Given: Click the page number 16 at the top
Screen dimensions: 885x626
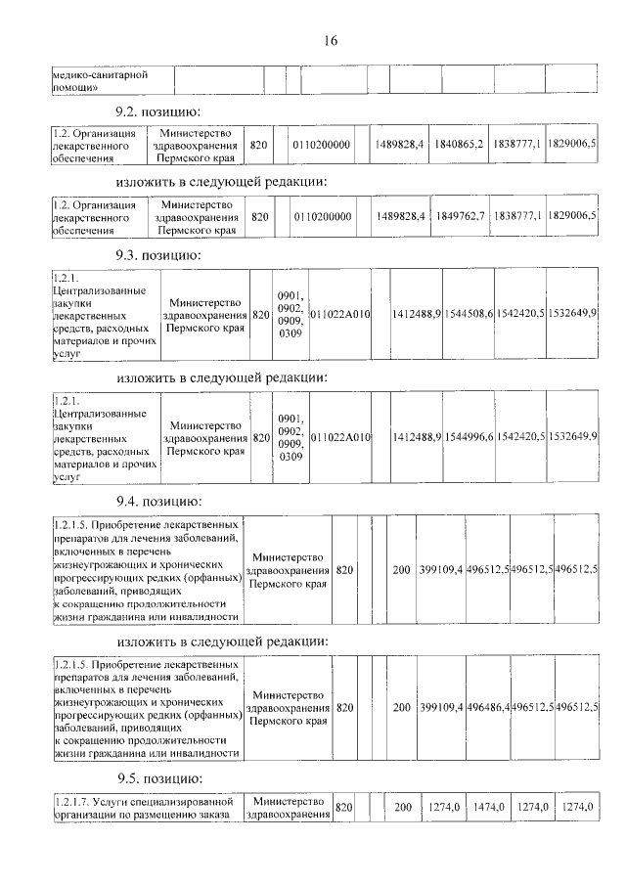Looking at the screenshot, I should [330, 40].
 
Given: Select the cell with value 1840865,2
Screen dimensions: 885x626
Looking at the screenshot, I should [459, 145].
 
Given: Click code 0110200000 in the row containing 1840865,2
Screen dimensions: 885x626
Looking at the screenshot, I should [322, 145].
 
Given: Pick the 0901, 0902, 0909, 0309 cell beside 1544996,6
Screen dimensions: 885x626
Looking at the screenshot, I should [291, 436].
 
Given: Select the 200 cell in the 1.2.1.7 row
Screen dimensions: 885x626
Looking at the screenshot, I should [402, 807].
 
